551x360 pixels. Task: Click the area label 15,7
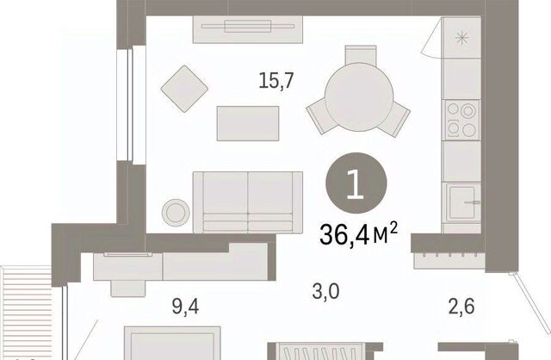click(275, 80)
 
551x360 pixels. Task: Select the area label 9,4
click(186, 307)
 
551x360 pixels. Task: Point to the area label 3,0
click(325, 291)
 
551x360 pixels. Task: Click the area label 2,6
click(461, 306)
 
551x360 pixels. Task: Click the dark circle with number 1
click(356, 183)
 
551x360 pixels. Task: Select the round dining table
click(359, 97)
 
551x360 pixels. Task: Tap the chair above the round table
click(361, 54)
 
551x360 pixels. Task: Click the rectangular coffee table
click(248, 123)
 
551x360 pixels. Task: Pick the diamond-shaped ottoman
click(184, 89)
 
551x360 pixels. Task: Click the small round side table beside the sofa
click(176, 213)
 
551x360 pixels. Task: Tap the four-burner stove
click(461, 121)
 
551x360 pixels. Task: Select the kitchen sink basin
click(461, 202)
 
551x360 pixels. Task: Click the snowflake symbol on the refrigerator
click(461, 38)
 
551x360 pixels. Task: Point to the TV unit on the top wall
click(248, 29)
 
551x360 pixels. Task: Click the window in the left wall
click(131, 106)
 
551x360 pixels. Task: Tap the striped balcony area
click(27, 313)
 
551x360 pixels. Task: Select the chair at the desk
click(128, 289)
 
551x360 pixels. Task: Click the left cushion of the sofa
click(226, 202)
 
